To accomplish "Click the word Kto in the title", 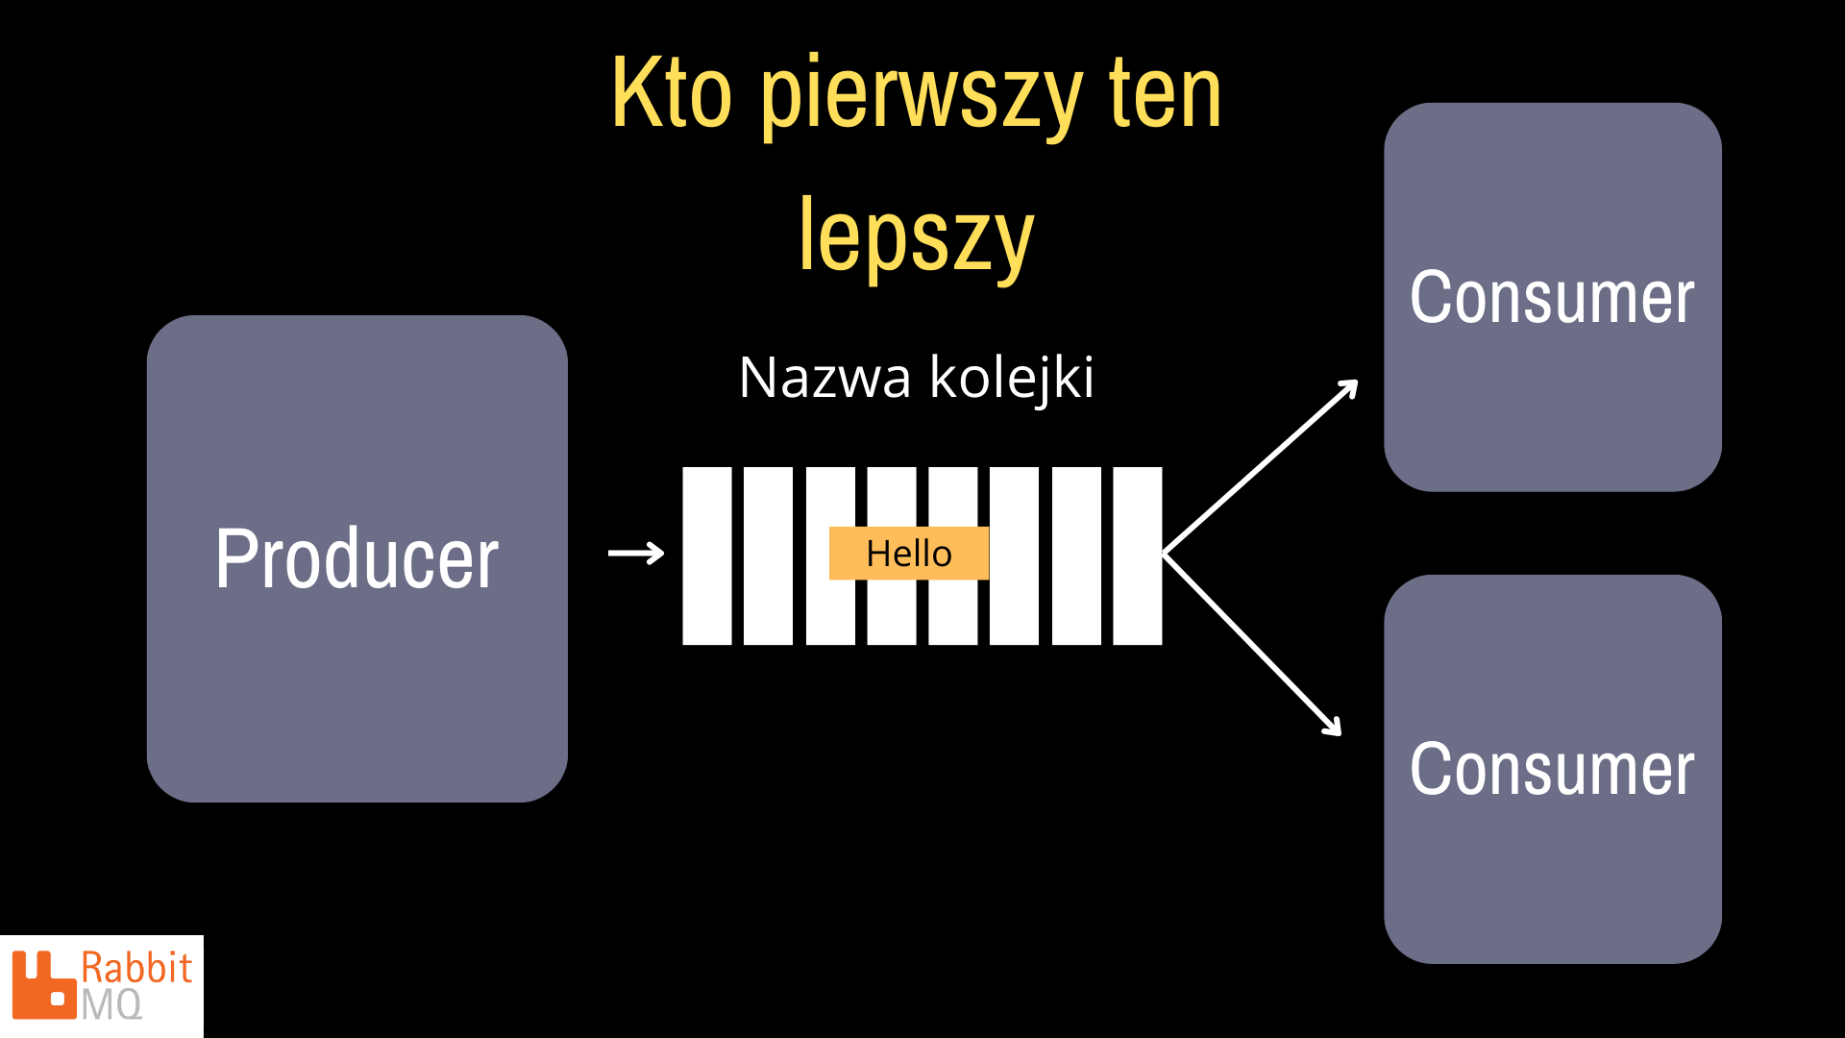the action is (672, 93).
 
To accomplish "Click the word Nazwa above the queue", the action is (824, 378).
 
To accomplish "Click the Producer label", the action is (357, 560).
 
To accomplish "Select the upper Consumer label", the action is (1552, 298).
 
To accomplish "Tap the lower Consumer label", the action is (1552, 770).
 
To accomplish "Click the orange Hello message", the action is (909, 554).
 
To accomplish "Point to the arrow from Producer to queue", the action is (636, 553).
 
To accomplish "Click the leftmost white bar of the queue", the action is (707, 556).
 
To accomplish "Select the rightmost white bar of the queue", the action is (1138, 556).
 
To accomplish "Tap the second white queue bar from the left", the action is (769, 556).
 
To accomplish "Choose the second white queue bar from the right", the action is (1076, 556).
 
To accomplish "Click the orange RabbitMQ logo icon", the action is (43, 984).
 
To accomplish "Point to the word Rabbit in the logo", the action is (136, 968).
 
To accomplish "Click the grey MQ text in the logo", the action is (111, 1005).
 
